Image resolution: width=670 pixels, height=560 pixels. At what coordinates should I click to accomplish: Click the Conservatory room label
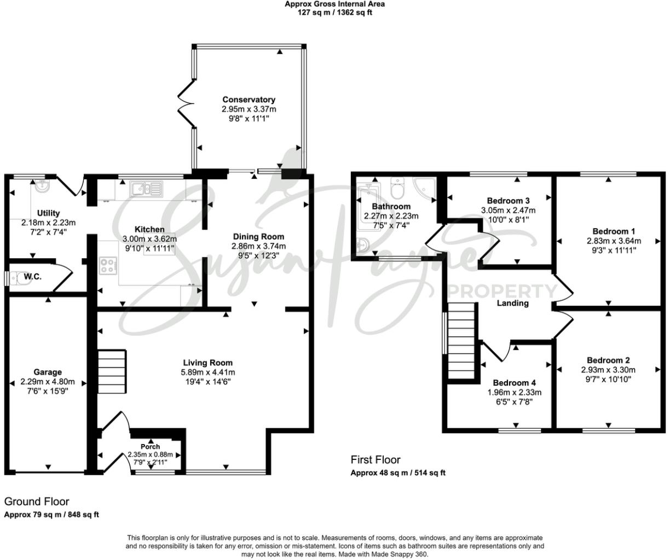pyautogui.click(x=249, y=100)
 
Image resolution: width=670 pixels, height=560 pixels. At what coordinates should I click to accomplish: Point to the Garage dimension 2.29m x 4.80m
pyautogui.click(x=48, y=382)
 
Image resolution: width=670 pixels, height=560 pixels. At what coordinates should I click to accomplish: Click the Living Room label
pyautogui.click(x=207, y=363)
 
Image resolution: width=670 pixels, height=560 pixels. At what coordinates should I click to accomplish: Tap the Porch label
pyautogui.click(x=150, y=447)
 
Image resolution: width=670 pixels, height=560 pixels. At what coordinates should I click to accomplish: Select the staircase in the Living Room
pyautogui.click(x=112, y=372)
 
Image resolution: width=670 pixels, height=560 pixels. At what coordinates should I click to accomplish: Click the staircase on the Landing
pyautogui.click(x=460, y=341)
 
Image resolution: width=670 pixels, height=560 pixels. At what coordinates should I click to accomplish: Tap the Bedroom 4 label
pyautogui.click(x=514, y=383)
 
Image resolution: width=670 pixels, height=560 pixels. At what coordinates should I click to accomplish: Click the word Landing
pyautogui.click(x=512, y=303)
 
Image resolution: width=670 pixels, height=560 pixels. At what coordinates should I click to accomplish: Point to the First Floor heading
pyautogui.click(x=376, y=460)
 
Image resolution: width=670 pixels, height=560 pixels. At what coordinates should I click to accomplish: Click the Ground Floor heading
pyautogui.click(x=37, y=501)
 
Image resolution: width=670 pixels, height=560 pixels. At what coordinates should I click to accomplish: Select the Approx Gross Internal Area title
pyautogui.click(x=334, y=4)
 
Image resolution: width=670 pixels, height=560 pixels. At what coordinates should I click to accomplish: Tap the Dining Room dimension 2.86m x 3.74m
pyautogui.click(x=258, y=246)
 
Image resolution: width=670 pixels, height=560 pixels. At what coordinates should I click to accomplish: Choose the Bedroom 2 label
pyautogui.click(x=608, y=360)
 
